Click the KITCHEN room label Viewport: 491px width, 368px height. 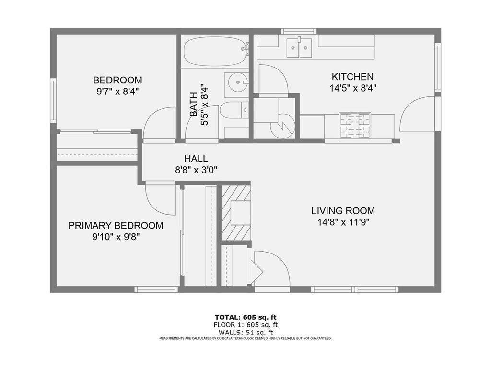352,77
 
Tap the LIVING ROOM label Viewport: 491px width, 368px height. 343,211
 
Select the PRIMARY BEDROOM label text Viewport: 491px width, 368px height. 116,226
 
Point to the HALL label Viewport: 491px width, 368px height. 196,159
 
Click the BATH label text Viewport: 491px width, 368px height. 194,104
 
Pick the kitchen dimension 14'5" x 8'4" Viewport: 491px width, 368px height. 352,88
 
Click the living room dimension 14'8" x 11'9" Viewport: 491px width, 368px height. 343,222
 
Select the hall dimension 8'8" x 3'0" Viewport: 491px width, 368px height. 196,170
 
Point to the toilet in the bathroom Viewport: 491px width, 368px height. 234,110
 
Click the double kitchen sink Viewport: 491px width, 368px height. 299,48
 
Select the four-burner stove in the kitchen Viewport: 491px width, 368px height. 355,126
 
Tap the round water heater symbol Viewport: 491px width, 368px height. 283,126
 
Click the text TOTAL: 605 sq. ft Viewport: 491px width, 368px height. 245,317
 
